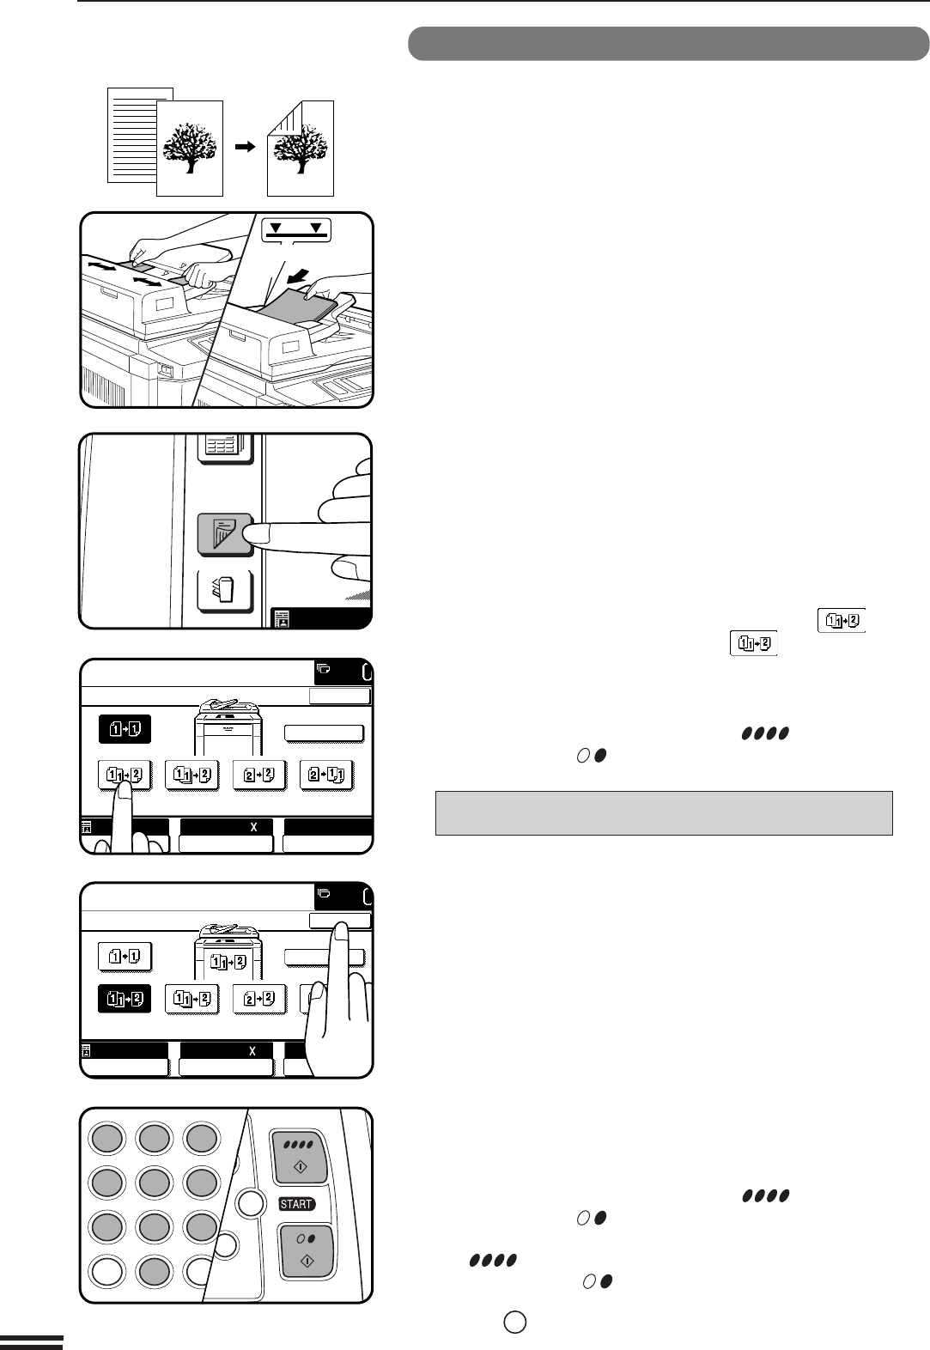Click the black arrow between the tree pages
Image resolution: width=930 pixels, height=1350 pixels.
[245, 147]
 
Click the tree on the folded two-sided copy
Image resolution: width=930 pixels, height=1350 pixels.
[301, 148]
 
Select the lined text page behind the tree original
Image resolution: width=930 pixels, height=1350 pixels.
[132, 135]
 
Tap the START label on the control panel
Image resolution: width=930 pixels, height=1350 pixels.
[296, 1204]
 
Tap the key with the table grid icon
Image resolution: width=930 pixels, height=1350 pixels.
[226, 448]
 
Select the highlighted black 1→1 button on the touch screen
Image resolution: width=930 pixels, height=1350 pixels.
[125, 729]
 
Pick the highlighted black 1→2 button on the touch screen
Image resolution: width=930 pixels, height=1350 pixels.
[125, 999]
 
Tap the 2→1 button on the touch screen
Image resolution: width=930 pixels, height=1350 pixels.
[326, 775]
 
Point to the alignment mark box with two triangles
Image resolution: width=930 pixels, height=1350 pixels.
[296, 229]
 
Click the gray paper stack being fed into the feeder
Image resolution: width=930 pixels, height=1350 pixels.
[299, 305]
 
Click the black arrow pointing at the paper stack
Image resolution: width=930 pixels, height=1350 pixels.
[299, 277]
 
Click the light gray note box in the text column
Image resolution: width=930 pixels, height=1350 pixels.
[664, 813]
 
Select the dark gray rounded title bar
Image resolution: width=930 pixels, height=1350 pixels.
[668, 44]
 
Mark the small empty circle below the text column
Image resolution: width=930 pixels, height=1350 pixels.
[514, 1323]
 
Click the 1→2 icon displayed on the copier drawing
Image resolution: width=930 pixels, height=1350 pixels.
[228, 961]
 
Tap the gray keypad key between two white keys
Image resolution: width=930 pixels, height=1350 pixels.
[155, 1271]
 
